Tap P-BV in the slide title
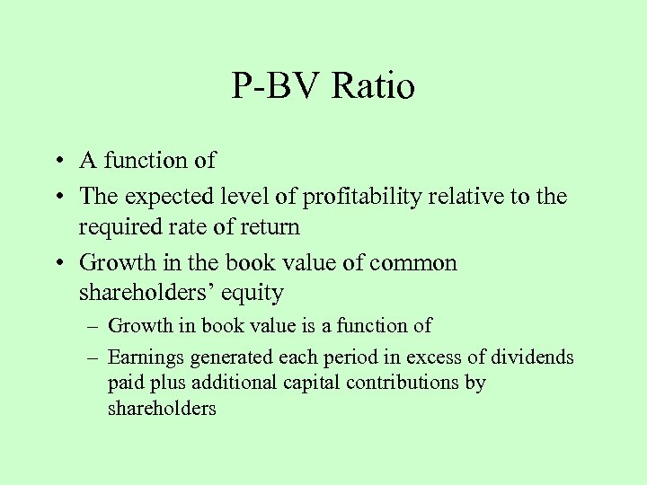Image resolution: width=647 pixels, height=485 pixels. pos(277,87)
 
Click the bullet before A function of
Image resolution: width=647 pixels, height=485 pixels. pos(58,162)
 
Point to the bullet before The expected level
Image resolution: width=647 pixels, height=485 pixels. pos(58,196)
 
